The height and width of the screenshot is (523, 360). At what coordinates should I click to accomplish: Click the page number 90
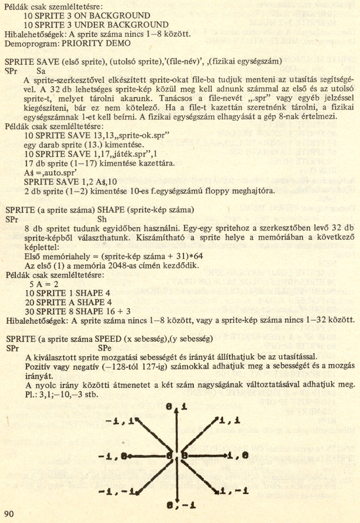click(x=10, y=514)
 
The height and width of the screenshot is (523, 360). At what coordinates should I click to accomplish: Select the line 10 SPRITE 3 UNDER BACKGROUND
click(x=96, y=24)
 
